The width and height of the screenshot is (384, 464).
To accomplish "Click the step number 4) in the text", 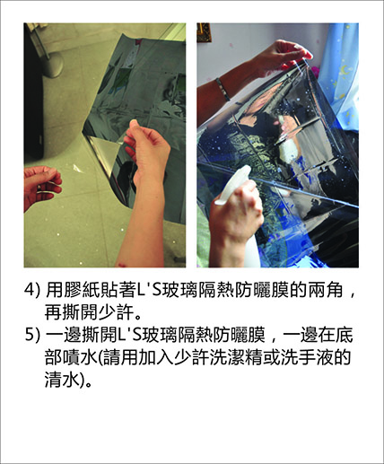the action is point(31,290).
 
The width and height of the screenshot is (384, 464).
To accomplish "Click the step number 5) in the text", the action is point(31,335).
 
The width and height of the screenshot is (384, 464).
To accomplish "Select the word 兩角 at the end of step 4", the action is point(326,290).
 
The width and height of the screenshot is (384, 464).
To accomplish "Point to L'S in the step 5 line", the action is point(131,335).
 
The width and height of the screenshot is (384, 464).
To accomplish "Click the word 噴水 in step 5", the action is point(81,357).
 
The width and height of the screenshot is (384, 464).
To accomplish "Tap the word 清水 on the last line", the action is point(63,380).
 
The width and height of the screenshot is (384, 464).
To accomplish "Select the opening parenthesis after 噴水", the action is point(100,357).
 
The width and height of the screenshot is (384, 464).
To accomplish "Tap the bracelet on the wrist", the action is point(223,89).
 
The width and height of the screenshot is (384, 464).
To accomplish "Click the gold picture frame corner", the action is point(204,32).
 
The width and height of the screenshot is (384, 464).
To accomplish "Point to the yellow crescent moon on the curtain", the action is point(345,70).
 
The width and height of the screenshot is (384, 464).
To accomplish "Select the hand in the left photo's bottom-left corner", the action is point(42,186).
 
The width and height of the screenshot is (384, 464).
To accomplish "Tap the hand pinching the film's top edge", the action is point(284,56).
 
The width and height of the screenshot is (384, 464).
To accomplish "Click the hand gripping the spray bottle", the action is point(236,209).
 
